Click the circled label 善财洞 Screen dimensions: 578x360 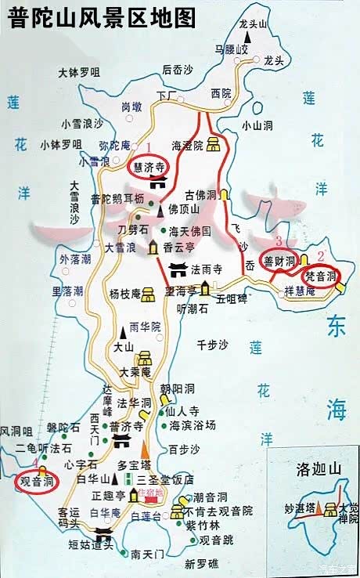coord(279,261)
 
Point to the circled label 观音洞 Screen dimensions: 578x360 coord(38,480)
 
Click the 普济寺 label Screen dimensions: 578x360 coord(126,426)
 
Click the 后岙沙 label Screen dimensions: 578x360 coord(177,70)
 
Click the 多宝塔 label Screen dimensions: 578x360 coord(133,464)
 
